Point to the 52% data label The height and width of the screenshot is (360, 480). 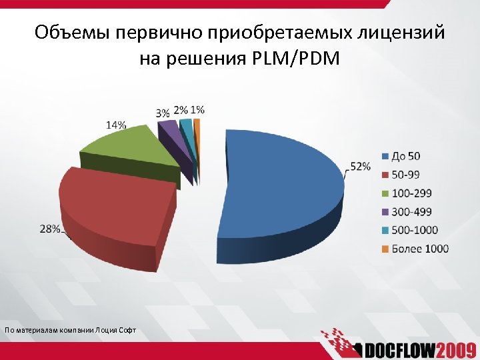pos(360,166)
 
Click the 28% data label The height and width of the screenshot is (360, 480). pos(50,229)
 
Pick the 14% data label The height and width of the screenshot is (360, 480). pos(115,125)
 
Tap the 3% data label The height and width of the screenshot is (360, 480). pos(163,114)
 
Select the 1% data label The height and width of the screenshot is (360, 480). pos(197,109)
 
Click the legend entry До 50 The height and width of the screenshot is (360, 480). pos(406,156)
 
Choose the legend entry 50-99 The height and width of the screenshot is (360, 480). pos(407,175)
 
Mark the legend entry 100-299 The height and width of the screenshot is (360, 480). pos(411,193)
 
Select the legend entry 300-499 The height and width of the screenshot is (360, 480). pos(411,212)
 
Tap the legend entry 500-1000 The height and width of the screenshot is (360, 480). pos(414,231)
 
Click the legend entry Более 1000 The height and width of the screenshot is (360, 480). pos(419,249)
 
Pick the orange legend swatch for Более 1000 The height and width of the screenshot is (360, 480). pos(385,249)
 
